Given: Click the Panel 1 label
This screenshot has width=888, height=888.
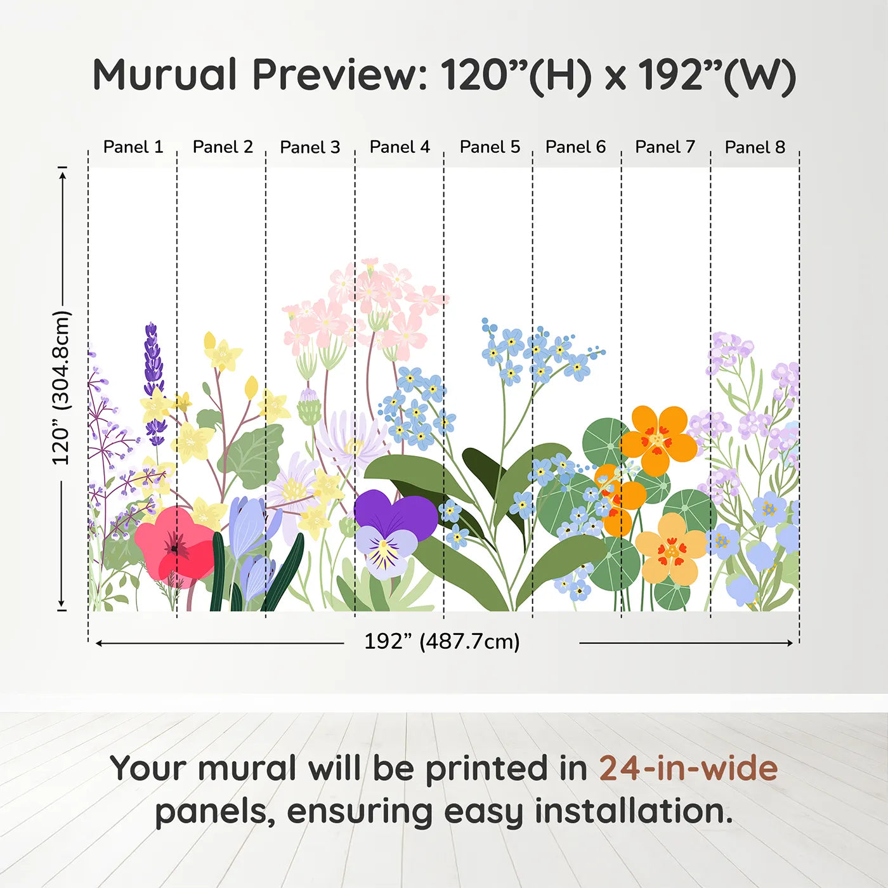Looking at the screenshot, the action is click(x=133, y=147).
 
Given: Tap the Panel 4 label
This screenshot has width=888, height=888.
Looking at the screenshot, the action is click(x=400, y=147).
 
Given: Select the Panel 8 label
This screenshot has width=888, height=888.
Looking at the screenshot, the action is click(x=755, y=147).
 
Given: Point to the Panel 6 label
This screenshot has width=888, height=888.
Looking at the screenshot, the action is click(x=575, y=147).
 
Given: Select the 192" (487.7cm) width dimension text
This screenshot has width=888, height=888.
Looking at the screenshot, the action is click(x=442, y=641).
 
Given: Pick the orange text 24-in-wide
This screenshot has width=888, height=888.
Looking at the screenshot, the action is click(x=689, y=768).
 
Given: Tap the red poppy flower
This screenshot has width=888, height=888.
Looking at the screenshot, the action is click(x=174, y=547).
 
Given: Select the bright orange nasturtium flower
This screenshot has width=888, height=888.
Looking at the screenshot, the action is click(x=658, y=441).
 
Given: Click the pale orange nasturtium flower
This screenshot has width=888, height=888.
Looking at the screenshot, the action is click(x=670, y=550).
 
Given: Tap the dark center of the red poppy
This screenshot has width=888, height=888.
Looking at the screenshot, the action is click(x=174, y=549).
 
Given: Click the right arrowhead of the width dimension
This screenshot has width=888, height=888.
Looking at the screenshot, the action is click(x=789, y=643).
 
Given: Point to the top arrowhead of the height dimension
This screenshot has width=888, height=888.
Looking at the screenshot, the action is click(x=63, y=173).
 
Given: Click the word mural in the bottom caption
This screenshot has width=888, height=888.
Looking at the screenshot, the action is click(x=247, y=768).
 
